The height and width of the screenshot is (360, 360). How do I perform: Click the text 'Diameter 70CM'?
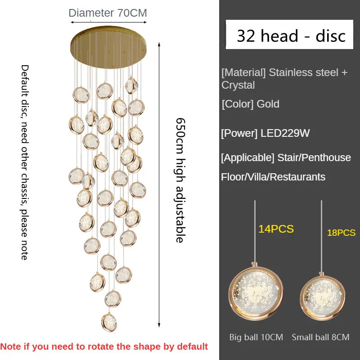tap(108, 13)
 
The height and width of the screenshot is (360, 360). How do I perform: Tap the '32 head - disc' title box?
tap(289, 35)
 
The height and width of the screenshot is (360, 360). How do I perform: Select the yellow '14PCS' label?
tap(276, 229)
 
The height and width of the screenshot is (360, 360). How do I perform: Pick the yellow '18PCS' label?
tap(341, 233)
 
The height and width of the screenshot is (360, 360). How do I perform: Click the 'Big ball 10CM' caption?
tap(256, 337)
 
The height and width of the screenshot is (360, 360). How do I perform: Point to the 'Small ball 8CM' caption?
tap(320, 337)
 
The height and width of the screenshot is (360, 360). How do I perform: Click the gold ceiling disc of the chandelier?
tap(108, 47)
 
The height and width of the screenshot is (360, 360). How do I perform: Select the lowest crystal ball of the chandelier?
tap(109, 322)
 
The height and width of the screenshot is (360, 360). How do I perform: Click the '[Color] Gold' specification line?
tap(251, 104)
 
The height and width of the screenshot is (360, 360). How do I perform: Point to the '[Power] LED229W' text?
tap(265, 133)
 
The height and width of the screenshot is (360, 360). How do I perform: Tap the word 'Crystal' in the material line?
tap(238, 85)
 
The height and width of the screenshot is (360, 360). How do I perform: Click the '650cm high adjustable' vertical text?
tap(180, 180)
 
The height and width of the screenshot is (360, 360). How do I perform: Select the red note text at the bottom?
tap(104, 346)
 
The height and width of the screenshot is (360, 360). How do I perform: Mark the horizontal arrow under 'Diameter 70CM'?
tap(108, 22)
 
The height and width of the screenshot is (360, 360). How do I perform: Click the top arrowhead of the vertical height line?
tap(159, 44)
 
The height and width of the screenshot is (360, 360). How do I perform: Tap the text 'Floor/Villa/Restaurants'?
tap(273, 177)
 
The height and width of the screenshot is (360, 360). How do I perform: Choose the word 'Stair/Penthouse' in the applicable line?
tap(314, 158)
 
